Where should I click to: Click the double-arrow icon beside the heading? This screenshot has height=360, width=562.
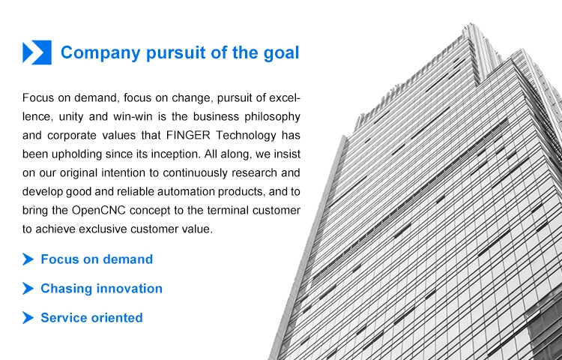point(37,52)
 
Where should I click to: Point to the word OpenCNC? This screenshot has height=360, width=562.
point(99,210)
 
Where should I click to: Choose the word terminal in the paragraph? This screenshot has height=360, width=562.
point(228,210)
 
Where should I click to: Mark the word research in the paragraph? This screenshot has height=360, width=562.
point(254,172)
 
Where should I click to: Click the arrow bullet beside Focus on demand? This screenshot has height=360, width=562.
point(28,259)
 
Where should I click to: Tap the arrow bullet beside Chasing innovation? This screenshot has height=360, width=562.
point(28,288)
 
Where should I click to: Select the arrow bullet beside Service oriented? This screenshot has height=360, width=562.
point(28,318)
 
